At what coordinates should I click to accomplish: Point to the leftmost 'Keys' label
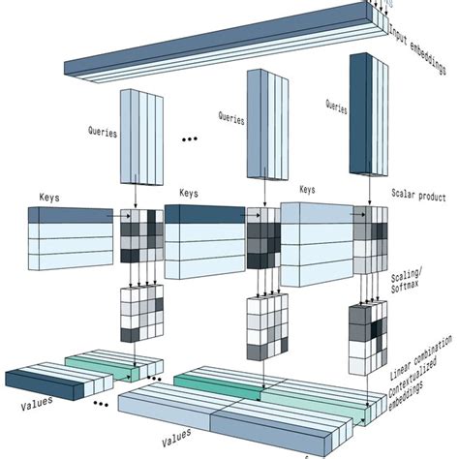51,197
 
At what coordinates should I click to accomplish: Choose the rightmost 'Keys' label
309,190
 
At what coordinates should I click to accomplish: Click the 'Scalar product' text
417,197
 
